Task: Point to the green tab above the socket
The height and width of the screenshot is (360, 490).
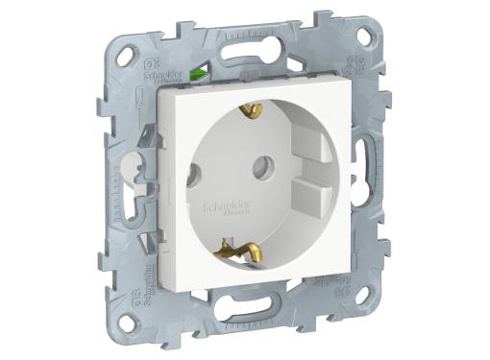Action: [x=201, y=71]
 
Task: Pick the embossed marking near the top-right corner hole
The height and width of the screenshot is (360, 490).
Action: [x=350, y=67]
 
